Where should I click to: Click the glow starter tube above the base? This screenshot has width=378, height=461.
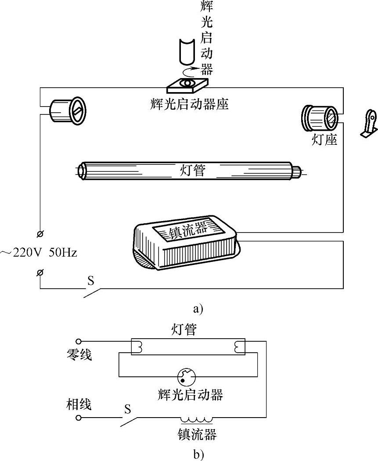187,51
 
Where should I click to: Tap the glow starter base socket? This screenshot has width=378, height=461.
187,84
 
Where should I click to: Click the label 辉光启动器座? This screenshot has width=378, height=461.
189,104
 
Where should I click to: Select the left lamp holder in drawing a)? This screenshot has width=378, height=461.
67,110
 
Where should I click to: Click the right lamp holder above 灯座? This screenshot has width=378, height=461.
320,118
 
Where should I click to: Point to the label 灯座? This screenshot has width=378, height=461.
324,139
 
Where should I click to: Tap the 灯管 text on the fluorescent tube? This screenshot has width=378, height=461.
192,170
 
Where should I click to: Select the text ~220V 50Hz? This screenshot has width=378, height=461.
39,252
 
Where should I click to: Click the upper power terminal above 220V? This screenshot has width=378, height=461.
40,234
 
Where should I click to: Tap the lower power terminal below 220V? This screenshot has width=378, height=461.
40,272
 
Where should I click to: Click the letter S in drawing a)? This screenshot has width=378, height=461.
91,281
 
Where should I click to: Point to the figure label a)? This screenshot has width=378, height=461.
198,309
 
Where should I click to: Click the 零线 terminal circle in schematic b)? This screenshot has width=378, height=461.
78,341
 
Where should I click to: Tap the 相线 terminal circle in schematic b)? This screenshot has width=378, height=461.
78,418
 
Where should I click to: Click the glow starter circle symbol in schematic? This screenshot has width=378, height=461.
187,377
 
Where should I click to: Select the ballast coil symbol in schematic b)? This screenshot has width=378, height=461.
196,419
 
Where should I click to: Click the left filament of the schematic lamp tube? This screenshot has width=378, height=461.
140,347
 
